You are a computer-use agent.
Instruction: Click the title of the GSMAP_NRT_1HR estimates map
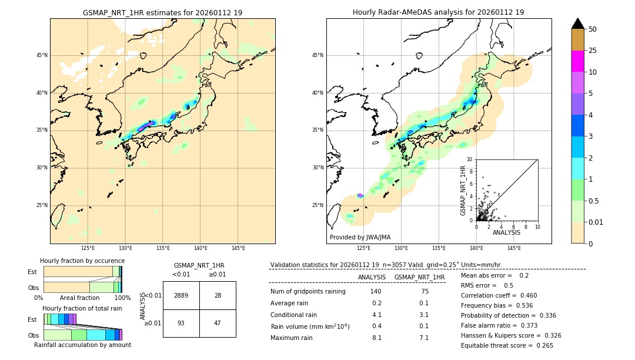(x=162, y=12)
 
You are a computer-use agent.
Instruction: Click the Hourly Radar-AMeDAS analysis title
(x=438, y=12)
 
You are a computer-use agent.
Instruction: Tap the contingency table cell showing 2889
(x=181, y=295)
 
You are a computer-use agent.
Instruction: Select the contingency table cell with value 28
(x=218, y=295)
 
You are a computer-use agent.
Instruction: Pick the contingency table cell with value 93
(x=181, y=323)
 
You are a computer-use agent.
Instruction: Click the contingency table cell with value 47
(x=218, y=323)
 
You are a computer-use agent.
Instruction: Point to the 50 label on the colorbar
(x=593, y=29)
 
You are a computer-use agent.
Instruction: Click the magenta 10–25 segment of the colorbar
(x=577, y=61)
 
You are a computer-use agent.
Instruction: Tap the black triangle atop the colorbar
(x=577, y=24)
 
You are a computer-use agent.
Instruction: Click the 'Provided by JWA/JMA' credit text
(x=360, y=237)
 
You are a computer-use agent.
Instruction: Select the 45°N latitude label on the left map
(x=42, y=55)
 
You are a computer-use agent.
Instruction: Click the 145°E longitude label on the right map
(x=514, y=248)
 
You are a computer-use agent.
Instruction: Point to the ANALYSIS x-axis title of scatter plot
(x=506, y=232)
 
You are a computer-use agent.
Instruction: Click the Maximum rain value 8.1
(x=376, y=338)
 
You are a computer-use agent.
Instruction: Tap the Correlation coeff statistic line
(x=498, y=295)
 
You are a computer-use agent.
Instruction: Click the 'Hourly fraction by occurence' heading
(x=82, y=261)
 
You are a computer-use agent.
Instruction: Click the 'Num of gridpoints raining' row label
(x=308, y=292)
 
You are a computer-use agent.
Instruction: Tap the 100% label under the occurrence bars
(x=122, y=298)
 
